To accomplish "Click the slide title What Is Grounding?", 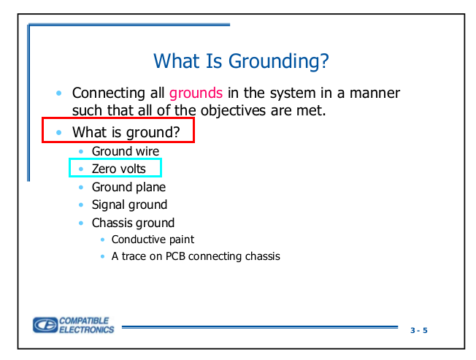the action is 241,61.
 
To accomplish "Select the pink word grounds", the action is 196,93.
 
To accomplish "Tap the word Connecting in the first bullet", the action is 109,93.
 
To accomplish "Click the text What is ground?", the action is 126,132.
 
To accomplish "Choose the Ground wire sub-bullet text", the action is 126,151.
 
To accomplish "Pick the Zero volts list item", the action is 119,169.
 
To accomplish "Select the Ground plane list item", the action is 128,187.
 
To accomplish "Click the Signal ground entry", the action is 129,205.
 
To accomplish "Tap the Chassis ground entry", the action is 133,223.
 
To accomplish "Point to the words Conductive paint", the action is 153,240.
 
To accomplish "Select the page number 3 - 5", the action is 419,330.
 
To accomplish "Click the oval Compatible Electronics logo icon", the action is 45,325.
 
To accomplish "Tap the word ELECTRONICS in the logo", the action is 87,329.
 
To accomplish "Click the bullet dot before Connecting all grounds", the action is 59,93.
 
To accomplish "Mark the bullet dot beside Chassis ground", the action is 81,223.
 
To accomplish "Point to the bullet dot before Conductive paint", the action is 103,240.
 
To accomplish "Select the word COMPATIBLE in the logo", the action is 84,321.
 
